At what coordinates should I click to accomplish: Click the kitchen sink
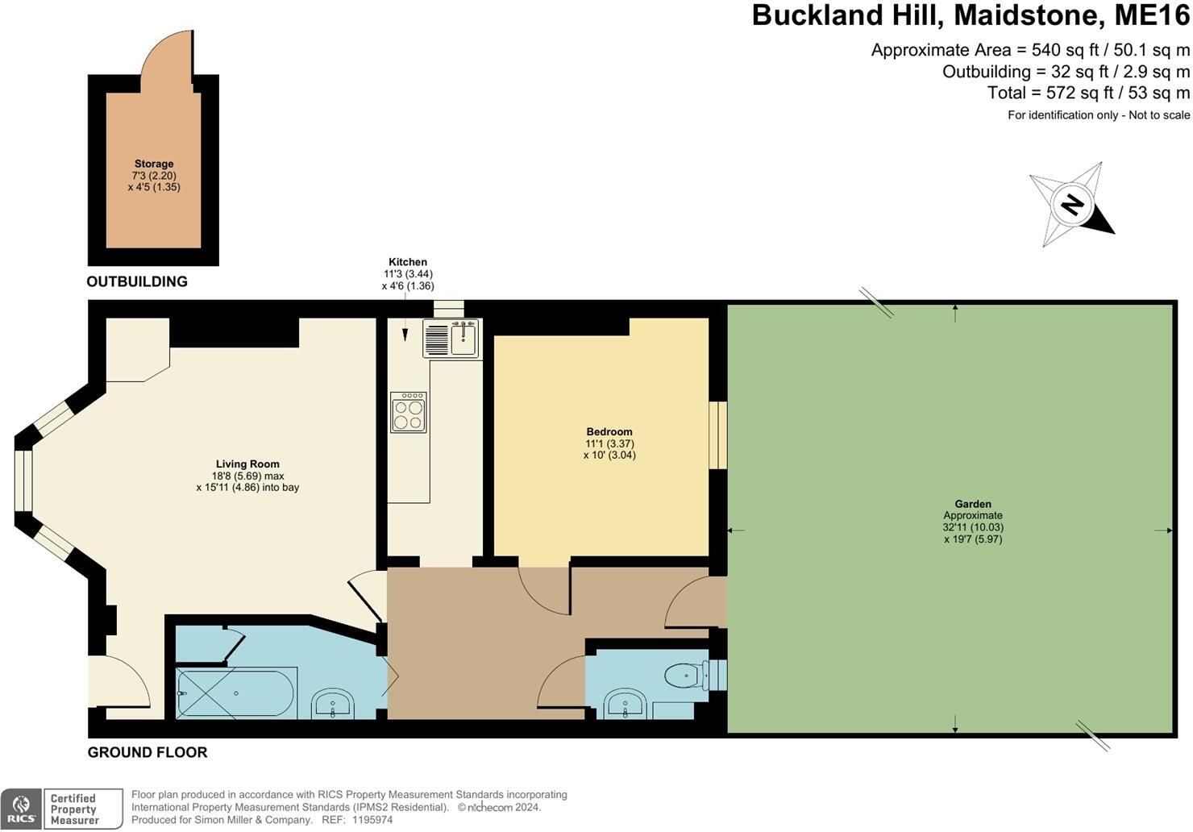click(x=451, y=339)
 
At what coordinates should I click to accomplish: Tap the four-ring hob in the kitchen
click(x=408, y=412)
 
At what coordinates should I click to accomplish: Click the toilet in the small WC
click(x=686, y=674)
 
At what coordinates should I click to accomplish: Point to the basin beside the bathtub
click(x=331, y=704)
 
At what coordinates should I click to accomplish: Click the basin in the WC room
click(x=625, y=705)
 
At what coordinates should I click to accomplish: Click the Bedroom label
click(x=609, y=431)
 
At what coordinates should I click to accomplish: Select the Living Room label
click(x=247, y=464)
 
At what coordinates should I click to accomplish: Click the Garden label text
click(x=973, y=504)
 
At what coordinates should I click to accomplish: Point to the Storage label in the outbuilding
click(x=154, y=164)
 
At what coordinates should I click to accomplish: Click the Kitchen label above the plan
click(x=408, y=262)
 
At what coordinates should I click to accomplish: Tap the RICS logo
click(x=22, y=809)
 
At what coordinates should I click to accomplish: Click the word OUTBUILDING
click(x=137, y=281)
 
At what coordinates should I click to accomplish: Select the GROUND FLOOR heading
click(x=148, y=752)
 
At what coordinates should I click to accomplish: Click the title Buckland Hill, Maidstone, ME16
click(x=971, y=15)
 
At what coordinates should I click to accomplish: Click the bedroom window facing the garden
click(x=717, y=435)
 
